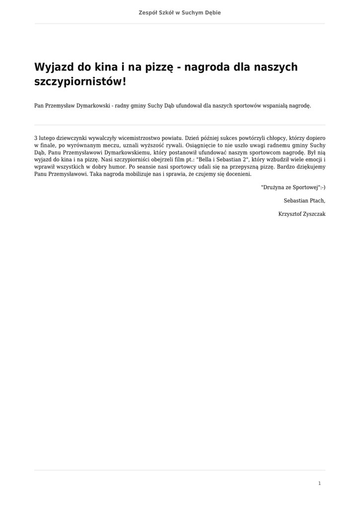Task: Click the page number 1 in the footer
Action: pos(319,483)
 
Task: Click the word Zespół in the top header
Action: pos(148,12)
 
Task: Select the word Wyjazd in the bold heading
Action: pos(53,67)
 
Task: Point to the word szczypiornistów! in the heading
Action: pos(80,81)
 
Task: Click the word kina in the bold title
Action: pos(105,67)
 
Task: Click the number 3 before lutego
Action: pos(36,137)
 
